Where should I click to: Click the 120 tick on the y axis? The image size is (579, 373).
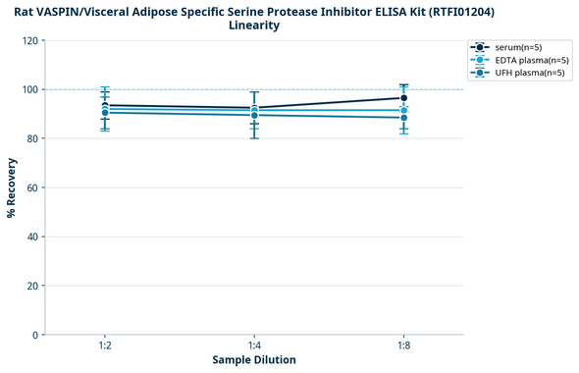[x=31, y=41]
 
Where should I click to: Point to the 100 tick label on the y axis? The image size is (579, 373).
[x=31, y=90]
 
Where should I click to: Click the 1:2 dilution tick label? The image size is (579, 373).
[x=105, y=346]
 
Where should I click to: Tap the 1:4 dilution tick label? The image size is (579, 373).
[x=254, y=346]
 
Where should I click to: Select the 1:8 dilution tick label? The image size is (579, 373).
[x=403, y=346]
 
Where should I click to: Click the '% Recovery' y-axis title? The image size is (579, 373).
[x=12, y=187]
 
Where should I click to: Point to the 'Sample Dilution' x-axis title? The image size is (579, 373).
[x=254, y=360]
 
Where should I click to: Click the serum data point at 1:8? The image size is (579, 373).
[x=403, y=98]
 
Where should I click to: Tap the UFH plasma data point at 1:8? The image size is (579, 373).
[x=403, y=118]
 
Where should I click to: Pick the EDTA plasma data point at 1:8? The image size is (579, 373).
[x=403, y=111]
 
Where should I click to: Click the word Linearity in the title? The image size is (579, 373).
[x=254, y=26]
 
